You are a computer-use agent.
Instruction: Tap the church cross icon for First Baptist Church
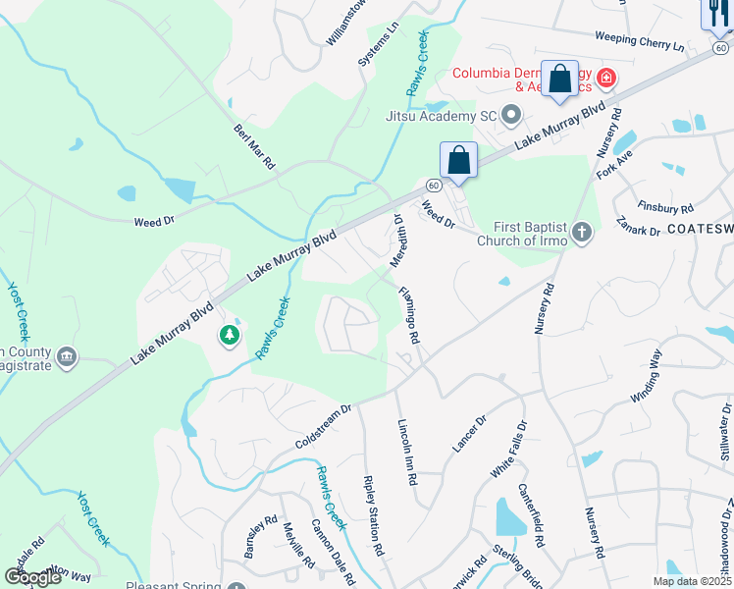pyautogui.click(x=583, y=233)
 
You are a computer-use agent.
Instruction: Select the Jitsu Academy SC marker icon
pyautogui.click(x=511, y=116)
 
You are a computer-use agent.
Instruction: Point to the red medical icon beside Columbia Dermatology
pyautogui.click(x=606, y=76)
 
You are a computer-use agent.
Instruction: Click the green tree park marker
pyautogui.click(x=230, y=337)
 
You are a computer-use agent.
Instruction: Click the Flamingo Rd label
pyautogui.click(x=409, y=314)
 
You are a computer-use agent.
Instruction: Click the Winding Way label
pyautogui.click(x=646, y=375)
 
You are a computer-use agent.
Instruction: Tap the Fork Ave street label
pyautogui.click(x=615, y=163)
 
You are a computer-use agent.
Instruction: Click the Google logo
pyautogui.click(x=32, y=577)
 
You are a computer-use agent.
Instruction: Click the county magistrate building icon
pyautogui.click(x=67, y=356)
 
